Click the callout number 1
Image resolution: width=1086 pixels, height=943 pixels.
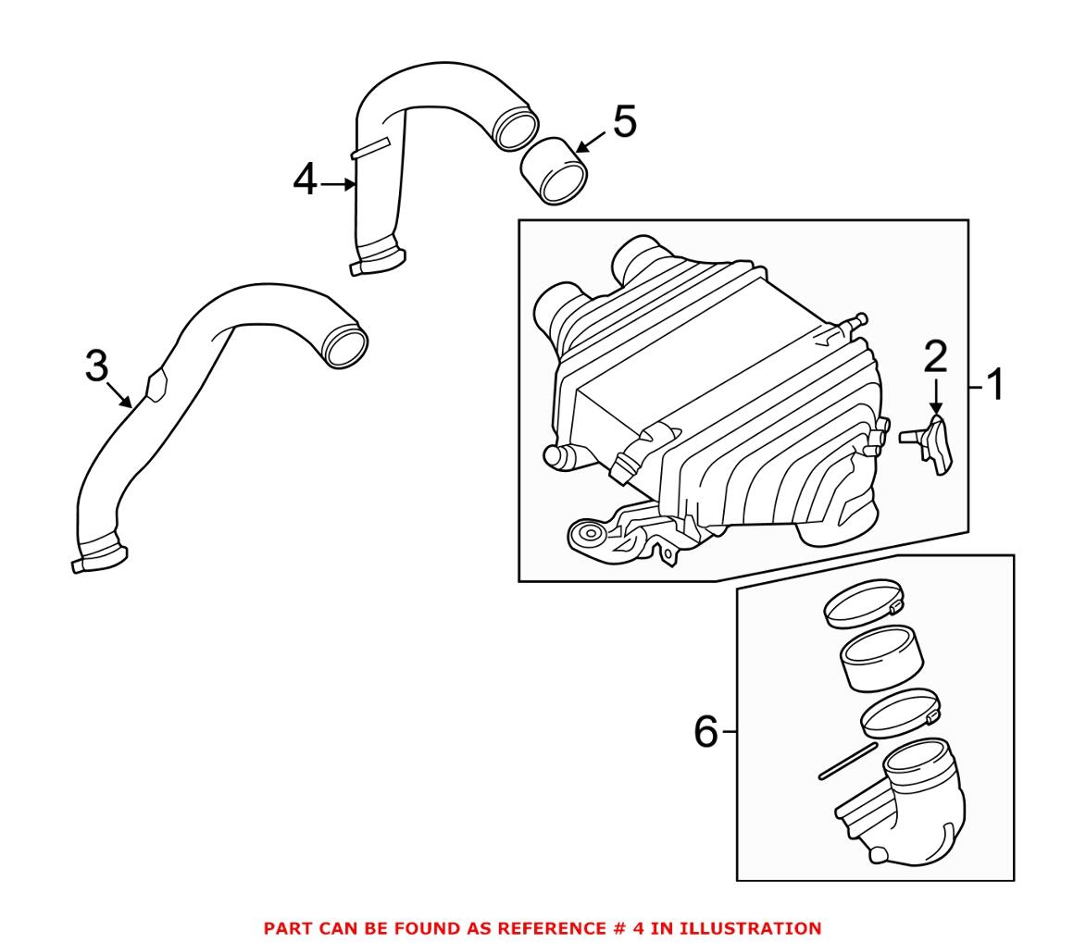click(994, 385)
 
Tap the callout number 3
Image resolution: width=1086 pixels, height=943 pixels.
click(96, 366)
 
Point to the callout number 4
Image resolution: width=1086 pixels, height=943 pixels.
click(305, 180)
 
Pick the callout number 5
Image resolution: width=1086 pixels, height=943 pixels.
click(624, 122)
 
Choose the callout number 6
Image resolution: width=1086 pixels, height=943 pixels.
click(705, 732)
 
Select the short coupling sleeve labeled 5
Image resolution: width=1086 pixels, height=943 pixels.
click(554, 170)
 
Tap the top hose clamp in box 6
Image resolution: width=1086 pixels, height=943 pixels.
click(862, 602)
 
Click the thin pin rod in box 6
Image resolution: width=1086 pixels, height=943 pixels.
click(847, 761)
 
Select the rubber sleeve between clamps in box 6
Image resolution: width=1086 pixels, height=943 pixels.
click(881, 659)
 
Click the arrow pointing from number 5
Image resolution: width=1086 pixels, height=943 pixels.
click(590, 141)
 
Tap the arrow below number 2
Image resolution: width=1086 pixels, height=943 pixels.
click(936, 398)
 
